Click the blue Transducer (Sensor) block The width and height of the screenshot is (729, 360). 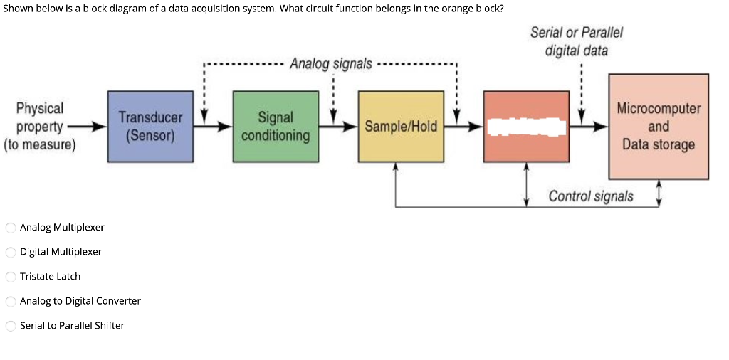pos(150,126)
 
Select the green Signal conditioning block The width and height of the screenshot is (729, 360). pos(276,126)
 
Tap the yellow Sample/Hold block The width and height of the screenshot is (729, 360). pos(401,126)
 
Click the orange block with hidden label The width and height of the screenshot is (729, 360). pos(526,150)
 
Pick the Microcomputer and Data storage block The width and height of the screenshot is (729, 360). pos(658,126)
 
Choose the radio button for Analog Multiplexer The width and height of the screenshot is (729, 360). pos(11,228)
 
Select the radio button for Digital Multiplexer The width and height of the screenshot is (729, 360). pos(11,252)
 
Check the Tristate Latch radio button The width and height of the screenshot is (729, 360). pos(11,277)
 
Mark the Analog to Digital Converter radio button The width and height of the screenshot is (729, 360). pos(11,301)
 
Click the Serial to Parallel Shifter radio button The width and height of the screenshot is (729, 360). pos(11,326)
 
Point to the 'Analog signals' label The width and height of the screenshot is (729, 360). pos(330,64)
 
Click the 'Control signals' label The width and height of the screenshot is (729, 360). pos(590,196)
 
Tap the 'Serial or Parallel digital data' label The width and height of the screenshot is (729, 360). pos(577,41)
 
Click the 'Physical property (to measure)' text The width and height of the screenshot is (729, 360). pos(40,127)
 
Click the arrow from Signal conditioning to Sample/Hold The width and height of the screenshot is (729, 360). pos(339,127)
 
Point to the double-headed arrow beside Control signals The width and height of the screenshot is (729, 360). pos(659,193)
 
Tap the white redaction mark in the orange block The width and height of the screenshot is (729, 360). pos(526,127)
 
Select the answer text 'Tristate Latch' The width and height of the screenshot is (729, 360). pos(50,277)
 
